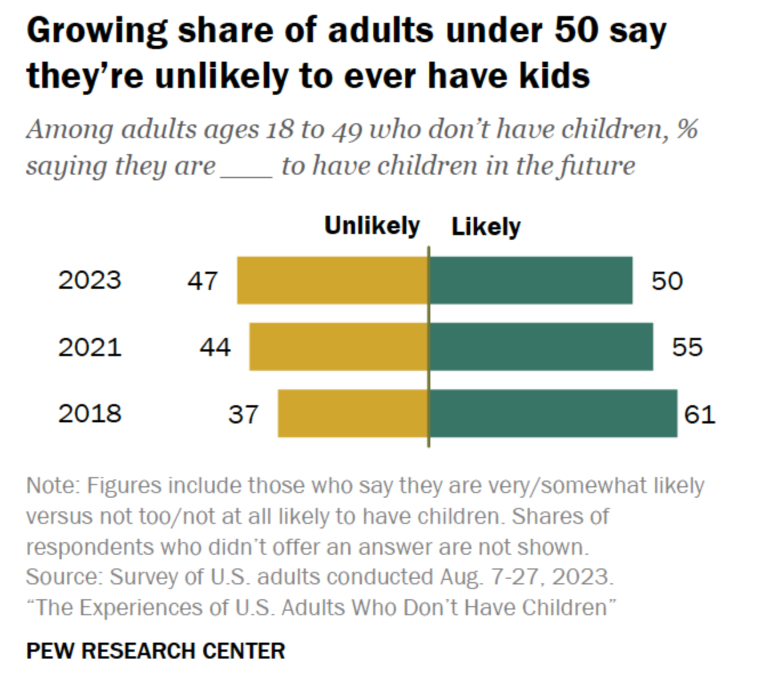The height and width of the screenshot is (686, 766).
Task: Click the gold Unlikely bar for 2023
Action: (332, 280)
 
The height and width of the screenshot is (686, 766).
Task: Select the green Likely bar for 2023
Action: (531, 280)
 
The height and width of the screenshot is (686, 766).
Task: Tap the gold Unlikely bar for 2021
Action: (338, 346)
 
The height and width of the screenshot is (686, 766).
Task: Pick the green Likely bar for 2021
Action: (541, 346)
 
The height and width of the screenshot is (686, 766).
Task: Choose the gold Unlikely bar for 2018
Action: (353, 413)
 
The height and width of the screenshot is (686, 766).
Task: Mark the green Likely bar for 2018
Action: (553, 413)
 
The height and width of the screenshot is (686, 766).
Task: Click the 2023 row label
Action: (90, 280)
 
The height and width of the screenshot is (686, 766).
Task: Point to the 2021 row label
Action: (90, 347)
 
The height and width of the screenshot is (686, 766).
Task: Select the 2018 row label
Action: (90, 413)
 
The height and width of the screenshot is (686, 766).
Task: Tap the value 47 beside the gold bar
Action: (203, 281)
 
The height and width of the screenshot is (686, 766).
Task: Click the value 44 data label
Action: (215, 347)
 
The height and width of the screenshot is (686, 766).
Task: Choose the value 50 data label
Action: (667, 281)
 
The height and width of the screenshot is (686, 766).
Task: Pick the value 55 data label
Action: (687, 347)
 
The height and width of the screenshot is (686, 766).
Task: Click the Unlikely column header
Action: (372, 226)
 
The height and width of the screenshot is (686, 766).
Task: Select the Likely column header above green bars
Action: (486, 227)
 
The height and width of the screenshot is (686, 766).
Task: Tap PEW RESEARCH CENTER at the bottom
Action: (156, 651)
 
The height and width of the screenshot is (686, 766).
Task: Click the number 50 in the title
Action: (577, 31)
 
